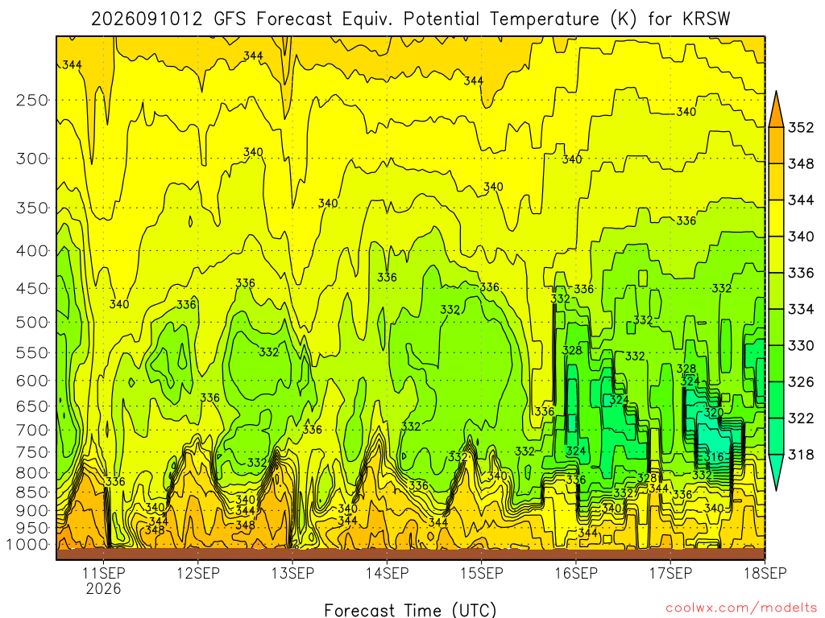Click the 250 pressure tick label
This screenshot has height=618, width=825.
pyautogui.click(x=32, y=100)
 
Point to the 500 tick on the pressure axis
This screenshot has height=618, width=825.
pyautogui.click(x=32, y=322)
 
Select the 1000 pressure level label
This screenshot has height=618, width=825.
pyautogui.click(x=28, y=545)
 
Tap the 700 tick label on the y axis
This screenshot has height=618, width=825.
pyautogui.click(x=32, y=430)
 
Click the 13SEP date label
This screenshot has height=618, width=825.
pyautogui.click(x=292, y=573)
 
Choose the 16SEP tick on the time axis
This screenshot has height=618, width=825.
pyautogui.click(x=576, y=573)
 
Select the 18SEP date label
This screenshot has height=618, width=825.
pyautogui.click(x=765, y=573)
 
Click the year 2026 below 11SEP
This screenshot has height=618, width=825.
pyautogui.click(x=104, y=588)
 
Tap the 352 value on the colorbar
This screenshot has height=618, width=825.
pyautogui.click(x=801, y=128)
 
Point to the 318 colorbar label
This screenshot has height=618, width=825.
pyautogui.click(x=801, y=455)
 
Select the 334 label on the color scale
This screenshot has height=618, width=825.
pyautogui.click(x=801, y=310)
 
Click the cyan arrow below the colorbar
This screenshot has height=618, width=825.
pyautogui.click(x=776, y=472)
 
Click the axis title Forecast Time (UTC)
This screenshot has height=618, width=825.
pyautogui.click(x=410, y=610)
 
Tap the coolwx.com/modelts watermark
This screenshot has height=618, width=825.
pyautogui.click(x=741, y=608)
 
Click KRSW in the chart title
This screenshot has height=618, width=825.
pyautogui.click(x=707, y=19)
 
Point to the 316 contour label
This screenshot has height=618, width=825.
pyautogui.click(x=714, y=457)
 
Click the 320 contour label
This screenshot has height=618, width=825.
pyautogui.click(x=714, y=412)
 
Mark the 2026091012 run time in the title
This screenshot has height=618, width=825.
pyautogui.click(x=147, y=19)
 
